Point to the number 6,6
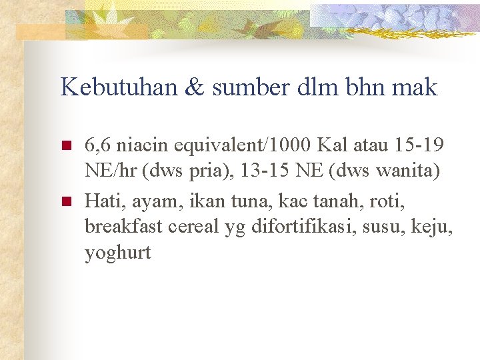99,144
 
